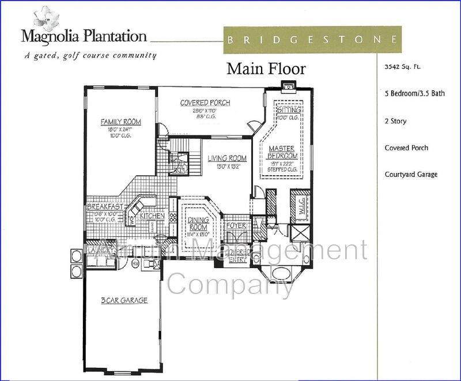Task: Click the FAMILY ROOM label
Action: tap(120, 122)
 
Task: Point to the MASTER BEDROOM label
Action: tap(282, 152)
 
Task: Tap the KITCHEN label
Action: tap(152, 216)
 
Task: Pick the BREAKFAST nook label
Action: tap(104, 206)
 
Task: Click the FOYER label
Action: tap(236, 225)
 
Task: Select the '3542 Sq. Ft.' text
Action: tap(403, 66)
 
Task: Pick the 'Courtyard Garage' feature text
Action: tap(411, 175)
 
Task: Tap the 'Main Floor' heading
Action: tap(266, 69)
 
